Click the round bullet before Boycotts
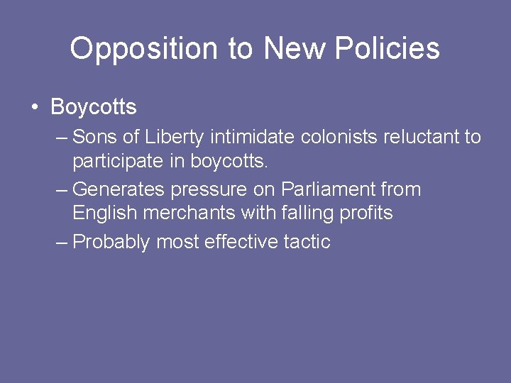pos(34,109)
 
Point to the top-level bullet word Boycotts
pos(94,108)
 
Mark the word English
pos(101,213)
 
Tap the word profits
pos(366,213)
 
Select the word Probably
pos(111,242)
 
